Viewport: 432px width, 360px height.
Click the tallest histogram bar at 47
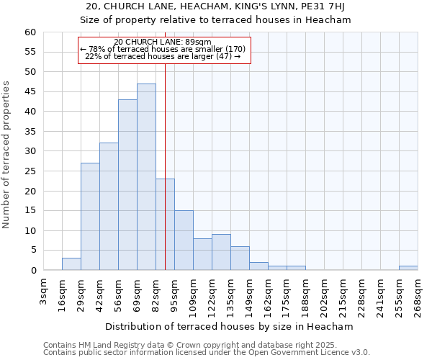(146, 177)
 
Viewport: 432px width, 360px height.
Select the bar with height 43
(127, 185)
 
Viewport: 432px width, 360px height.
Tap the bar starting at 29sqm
(90, 217)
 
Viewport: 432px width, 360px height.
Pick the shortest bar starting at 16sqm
(71, 264)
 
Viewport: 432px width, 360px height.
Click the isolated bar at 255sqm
(408, 268)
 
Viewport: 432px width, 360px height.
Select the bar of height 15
(184, 240)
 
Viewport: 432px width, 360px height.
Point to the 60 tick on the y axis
(30, 32)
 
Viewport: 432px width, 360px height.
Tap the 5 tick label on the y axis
(32, 251)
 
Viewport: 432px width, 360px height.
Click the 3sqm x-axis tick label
(44, 292)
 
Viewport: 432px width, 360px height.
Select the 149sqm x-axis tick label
(250, 295)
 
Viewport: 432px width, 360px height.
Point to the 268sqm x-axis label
(418, 295)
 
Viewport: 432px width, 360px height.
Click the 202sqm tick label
(325, 295)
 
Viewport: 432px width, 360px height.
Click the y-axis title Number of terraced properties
(7, 154)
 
